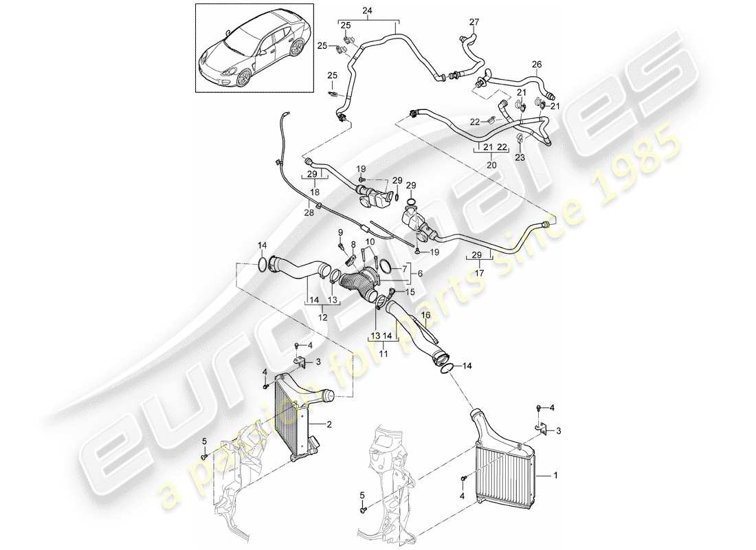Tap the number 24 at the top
pos(367,10)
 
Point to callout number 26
pos(537,64)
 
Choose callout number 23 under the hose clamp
pos(520,157)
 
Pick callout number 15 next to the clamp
pos(411,292)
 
